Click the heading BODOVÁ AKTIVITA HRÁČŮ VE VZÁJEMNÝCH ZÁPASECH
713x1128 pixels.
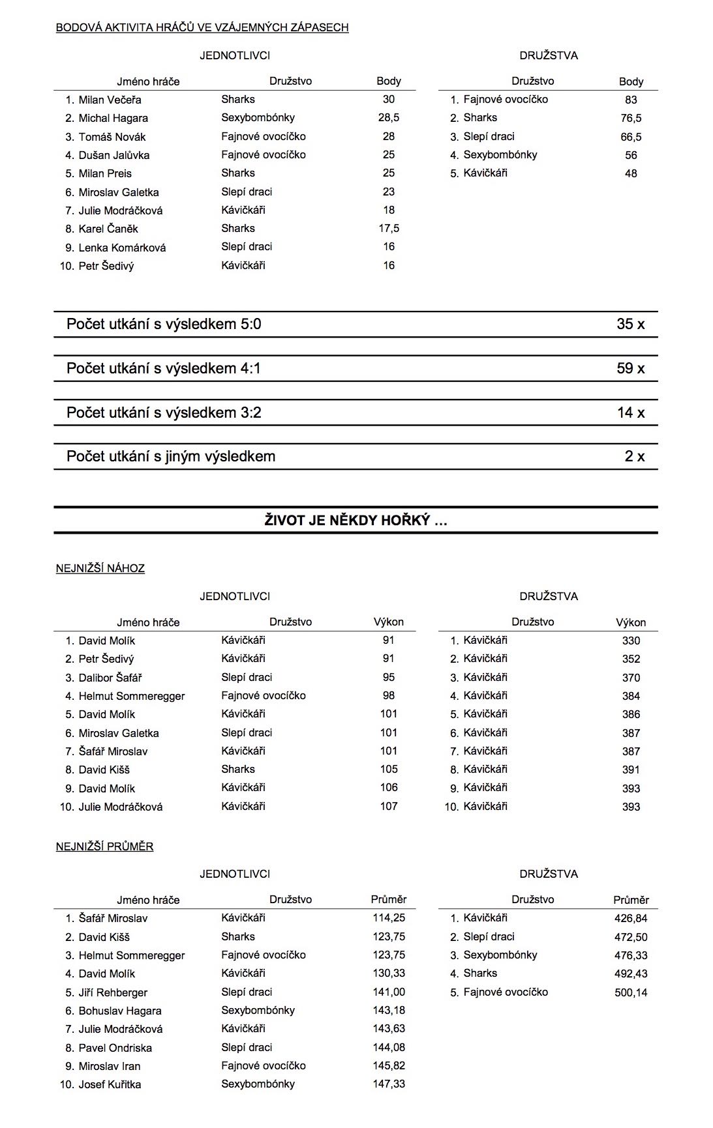[x=202, y=27]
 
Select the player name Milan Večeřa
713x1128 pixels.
[x=110, y=100]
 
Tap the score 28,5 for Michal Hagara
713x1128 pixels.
[x=389, y=118]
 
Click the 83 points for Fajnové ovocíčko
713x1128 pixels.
[x=631, y=100]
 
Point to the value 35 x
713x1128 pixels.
[x=630, y=324]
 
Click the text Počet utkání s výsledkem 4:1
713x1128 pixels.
[x=164, y=368]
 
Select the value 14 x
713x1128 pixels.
[x=630, y=412]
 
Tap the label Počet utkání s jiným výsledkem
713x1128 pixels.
[x=171, y=456]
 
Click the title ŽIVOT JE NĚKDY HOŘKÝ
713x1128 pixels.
[x=356, y=520]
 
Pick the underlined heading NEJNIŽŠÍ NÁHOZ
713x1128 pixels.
[x=100, y=568]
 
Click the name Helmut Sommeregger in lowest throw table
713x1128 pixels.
[x=132, y=696]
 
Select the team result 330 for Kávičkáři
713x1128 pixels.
[x=631, y=641]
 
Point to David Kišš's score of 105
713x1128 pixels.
[x=389, y=770]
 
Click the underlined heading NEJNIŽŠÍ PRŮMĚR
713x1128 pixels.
[x=105, y=846]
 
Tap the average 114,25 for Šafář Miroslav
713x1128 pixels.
[x=389, y=918]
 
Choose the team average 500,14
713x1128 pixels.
[x=631, y=992]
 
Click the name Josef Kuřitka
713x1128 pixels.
[x=110, y=1084]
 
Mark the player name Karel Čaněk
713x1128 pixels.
[x=108, y=229]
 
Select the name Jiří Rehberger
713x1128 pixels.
[x=113, y=992]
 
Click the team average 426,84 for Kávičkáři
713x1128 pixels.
[x=631, y=918]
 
